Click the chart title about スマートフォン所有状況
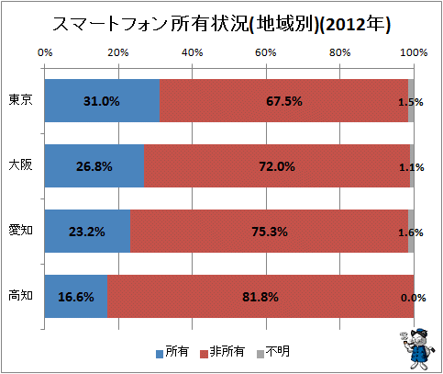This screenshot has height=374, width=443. [221, 24]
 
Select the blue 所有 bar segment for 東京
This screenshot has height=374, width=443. [102, 100]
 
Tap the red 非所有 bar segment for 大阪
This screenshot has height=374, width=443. [277, 165]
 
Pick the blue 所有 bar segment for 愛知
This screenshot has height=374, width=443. [87, 231]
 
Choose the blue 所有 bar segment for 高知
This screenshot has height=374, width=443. [76, 296]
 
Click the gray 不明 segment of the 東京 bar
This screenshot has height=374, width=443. [411, 100]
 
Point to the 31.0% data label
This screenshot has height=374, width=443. [102, 101]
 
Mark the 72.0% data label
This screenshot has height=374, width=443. [277, 166]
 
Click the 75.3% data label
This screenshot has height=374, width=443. [270, 232]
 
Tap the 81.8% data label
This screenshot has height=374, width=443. [260, 297]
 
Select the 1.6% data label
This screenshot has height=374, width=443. [411, 232]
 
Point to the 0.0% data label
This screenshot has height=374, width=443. [414, 298]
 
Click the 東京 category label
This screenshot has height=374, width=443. [20, 100]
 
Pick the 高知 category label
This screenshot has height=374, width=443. [20, 296]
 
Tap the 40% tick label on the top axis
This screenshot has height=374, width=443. [193, 52]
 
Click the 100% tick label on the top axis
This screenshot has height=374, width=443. [414, 52]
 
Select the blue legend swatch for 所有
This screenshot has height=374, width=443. [160, 354]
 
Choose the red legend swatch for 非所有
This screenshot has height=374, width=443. [204, 354]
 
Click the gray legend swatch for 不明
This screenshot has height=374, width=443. [260, 354]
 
